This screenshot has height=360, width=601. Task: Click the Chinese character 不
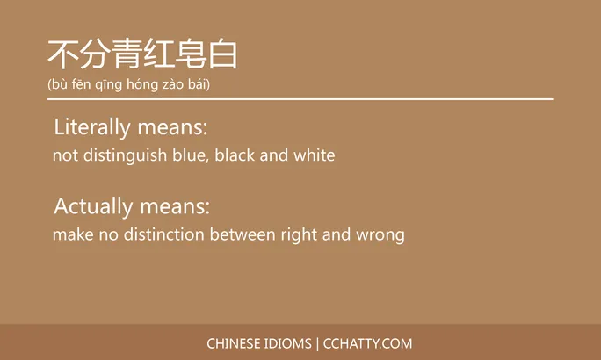(62, 54)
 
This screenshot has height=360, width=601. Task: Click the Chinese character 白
(223, 54)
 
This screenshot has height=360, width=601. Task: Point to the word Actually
(92, 207)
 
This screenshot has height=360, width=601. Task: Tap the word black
(235, 155)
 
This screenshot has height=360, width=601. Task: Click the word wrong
(380, 235)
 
